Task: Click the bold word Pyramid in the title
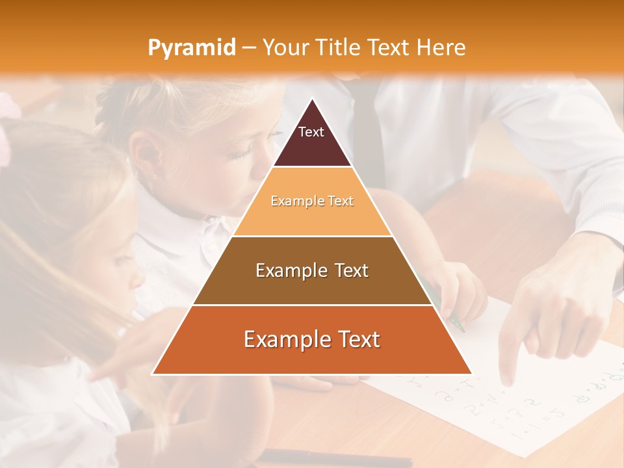tap(191, 48)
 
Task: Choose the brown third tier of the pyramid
tap(312, 286)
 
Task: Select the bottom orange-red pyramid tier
tap(312, 354)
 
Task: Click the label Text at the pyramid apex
tap(311, 132)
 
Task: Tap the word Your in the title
tap(284, 48)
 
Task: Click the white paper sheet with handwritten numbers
tap(520, 403)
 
